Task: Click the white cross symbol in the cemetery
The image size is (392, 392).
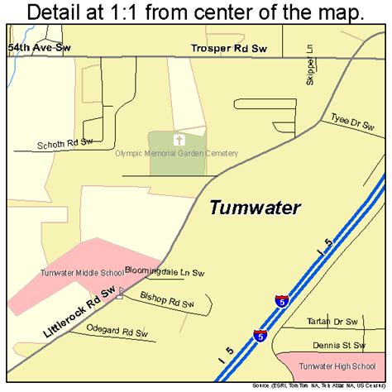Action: (x=178, y=140)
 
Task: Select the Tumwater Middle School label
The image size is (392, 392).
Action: (x=80, y=272)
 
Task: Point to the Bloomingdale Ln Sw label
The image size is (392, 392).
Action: (x=165, y=270)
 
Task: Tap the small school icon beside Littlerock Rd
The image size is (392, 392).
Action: (x=121, y=292)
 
